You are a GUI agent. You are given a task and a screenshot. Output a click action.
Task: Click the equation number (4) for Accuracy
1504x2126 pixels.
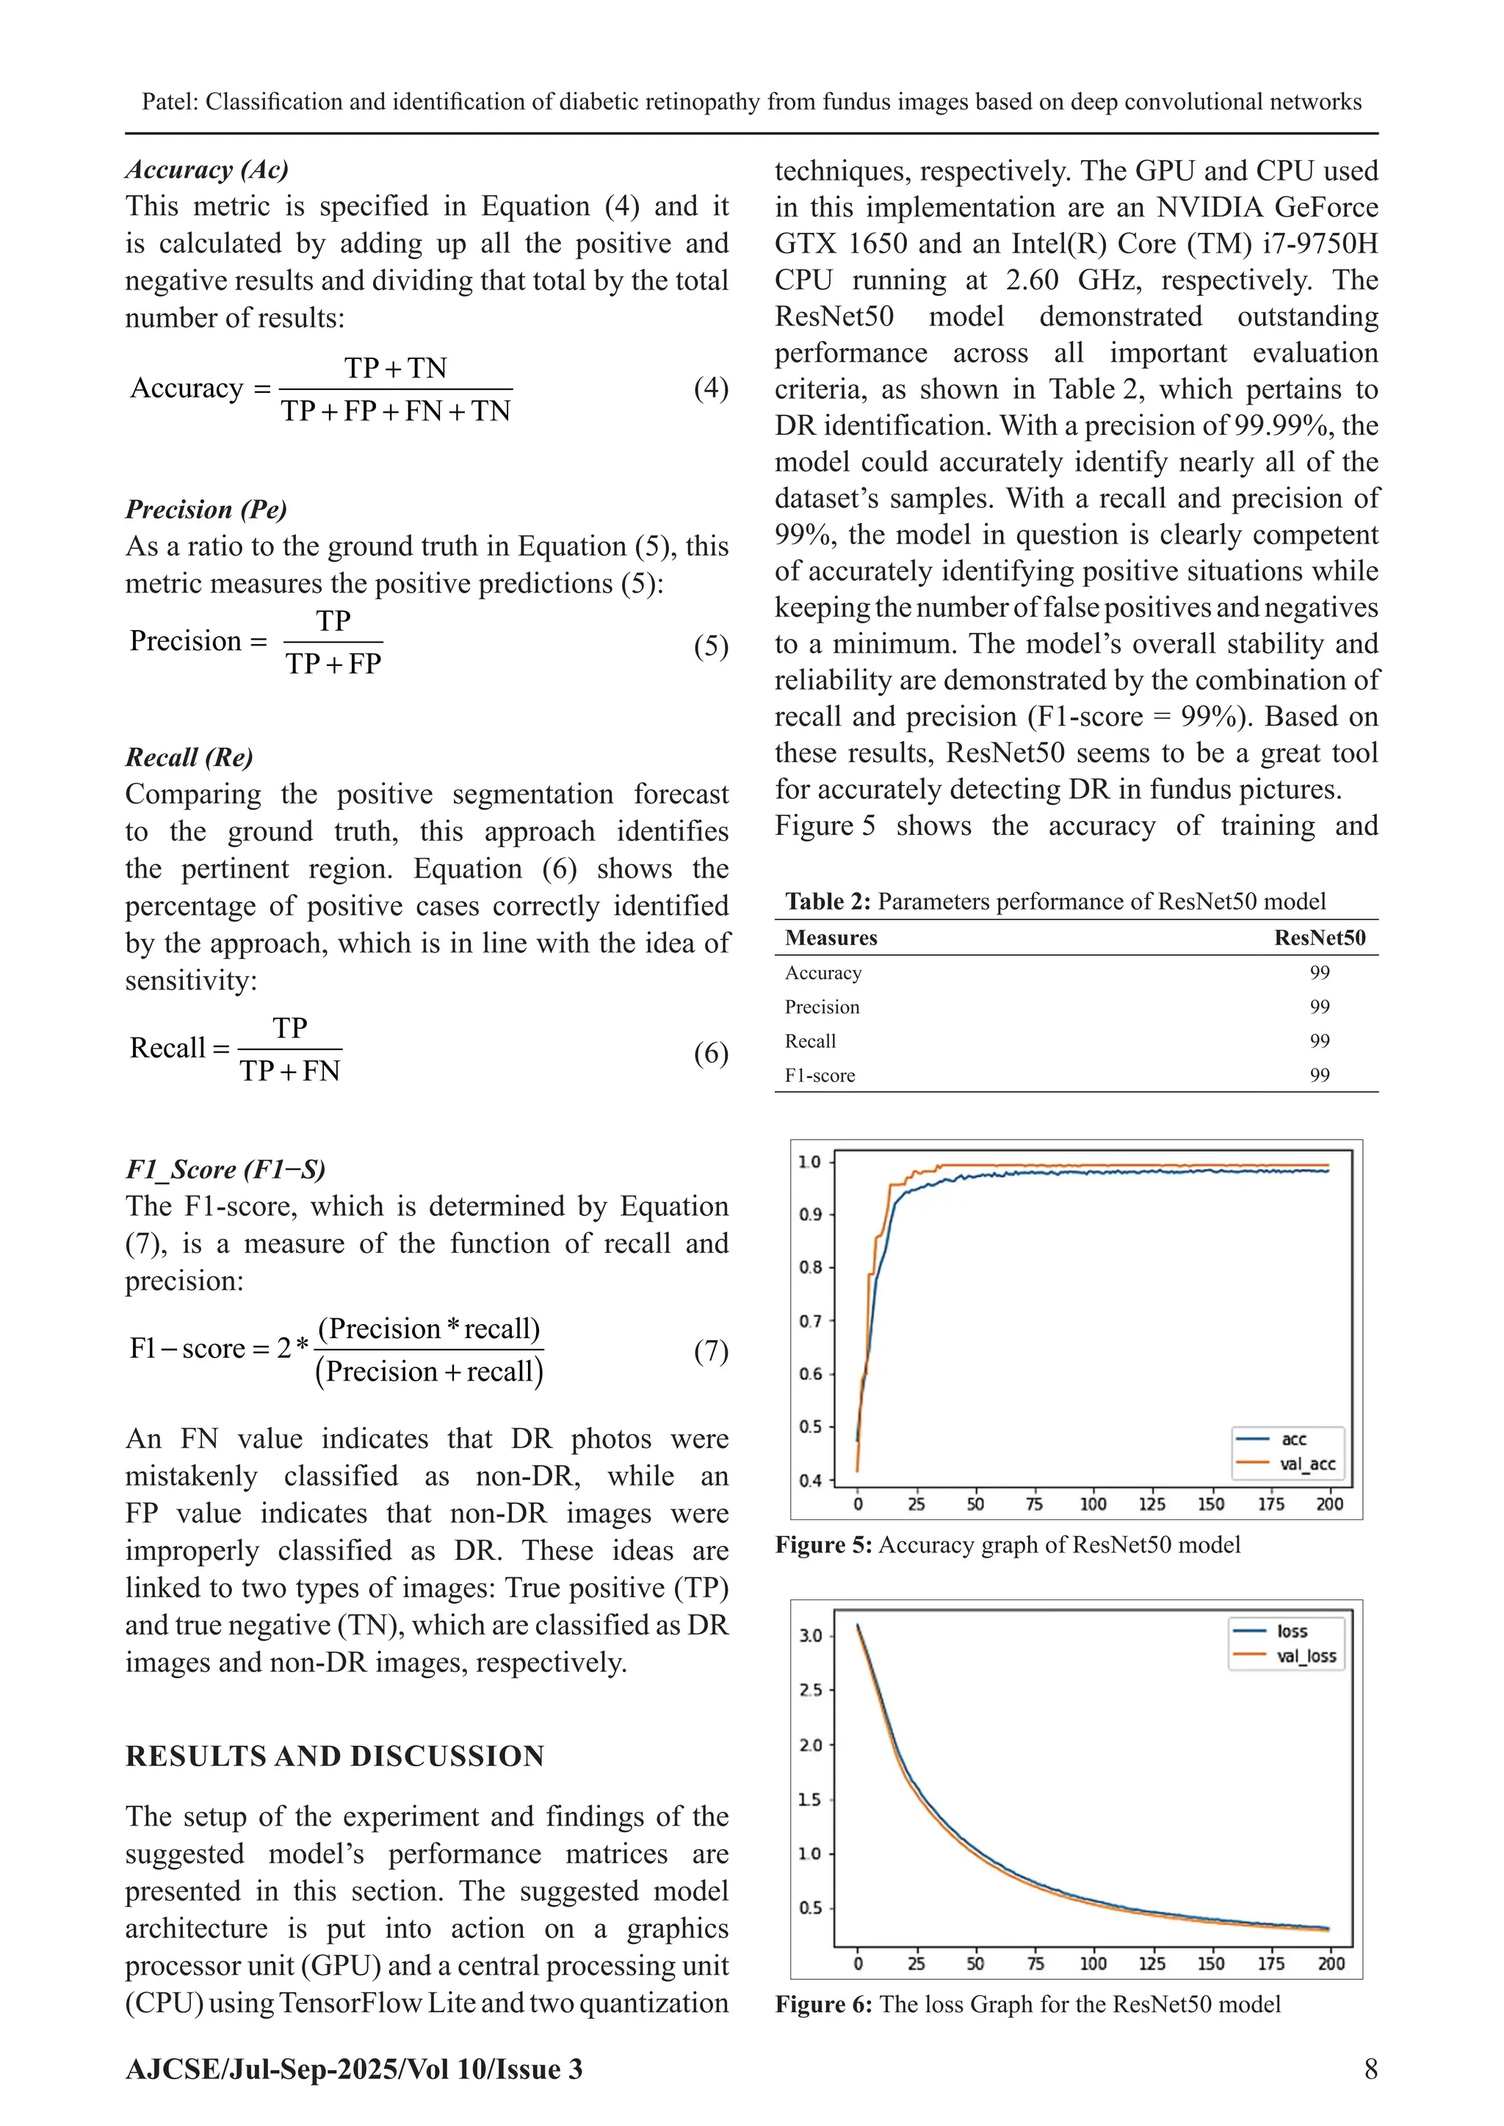point(710,388)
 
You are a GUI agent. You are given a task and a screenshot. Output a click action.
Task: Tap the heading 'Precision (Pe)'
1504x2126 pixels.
point(206,509)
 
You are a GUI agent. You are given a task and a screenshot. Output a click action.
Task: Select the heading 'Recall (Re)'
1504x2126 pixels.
point(189,757)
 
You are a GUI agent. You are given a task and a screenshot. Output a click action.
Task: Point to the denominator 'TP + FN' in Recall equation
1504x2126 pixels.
point(290,1071)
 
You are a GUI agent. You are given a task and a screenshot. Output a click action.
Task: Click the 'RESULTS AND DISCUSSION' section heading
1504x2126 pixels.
point(334,1757)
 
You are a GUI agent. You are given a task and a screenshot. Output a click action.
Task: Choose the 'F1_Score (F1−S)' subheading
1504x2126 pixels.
point(225,1170)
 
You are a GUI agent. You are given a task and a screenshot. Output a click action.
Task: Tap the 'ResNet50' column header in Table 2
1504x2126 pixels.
point(1319,938)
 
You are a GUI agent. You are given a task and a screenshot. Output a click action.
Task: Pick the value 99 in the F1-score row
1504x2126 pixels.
point(1319,1075)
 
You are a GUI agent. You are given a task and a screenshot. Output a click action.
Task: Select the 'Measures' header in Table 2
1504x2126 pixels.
point(831,938)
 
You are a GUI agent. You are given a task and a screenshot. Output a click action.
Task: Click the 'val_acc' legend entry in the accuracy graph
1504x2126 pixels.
point(1306,1464)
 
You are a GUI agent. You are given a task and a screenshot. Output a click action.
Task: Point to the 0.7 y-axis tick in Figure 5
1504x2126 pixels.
point(810,1321)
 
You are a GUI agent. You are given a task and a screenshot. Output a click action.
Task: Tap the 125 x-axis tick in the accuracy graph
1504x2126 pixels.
point(1151,1505)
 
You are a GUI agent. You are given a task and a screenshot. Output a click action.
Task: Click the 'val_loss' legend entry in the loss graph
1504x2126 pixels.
point(1306,1657)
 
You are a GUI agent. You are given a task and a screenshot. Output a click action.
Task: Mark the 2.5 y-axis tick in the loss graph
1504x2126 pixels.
point(810,1690)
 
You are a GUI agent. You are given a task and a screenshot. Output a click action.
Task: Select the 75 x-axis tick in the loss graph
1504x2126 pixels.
point(1035,1963)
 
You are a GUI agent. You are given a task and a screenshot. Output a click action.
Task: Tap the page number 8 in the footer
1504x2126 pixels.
point(1370,2069)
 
